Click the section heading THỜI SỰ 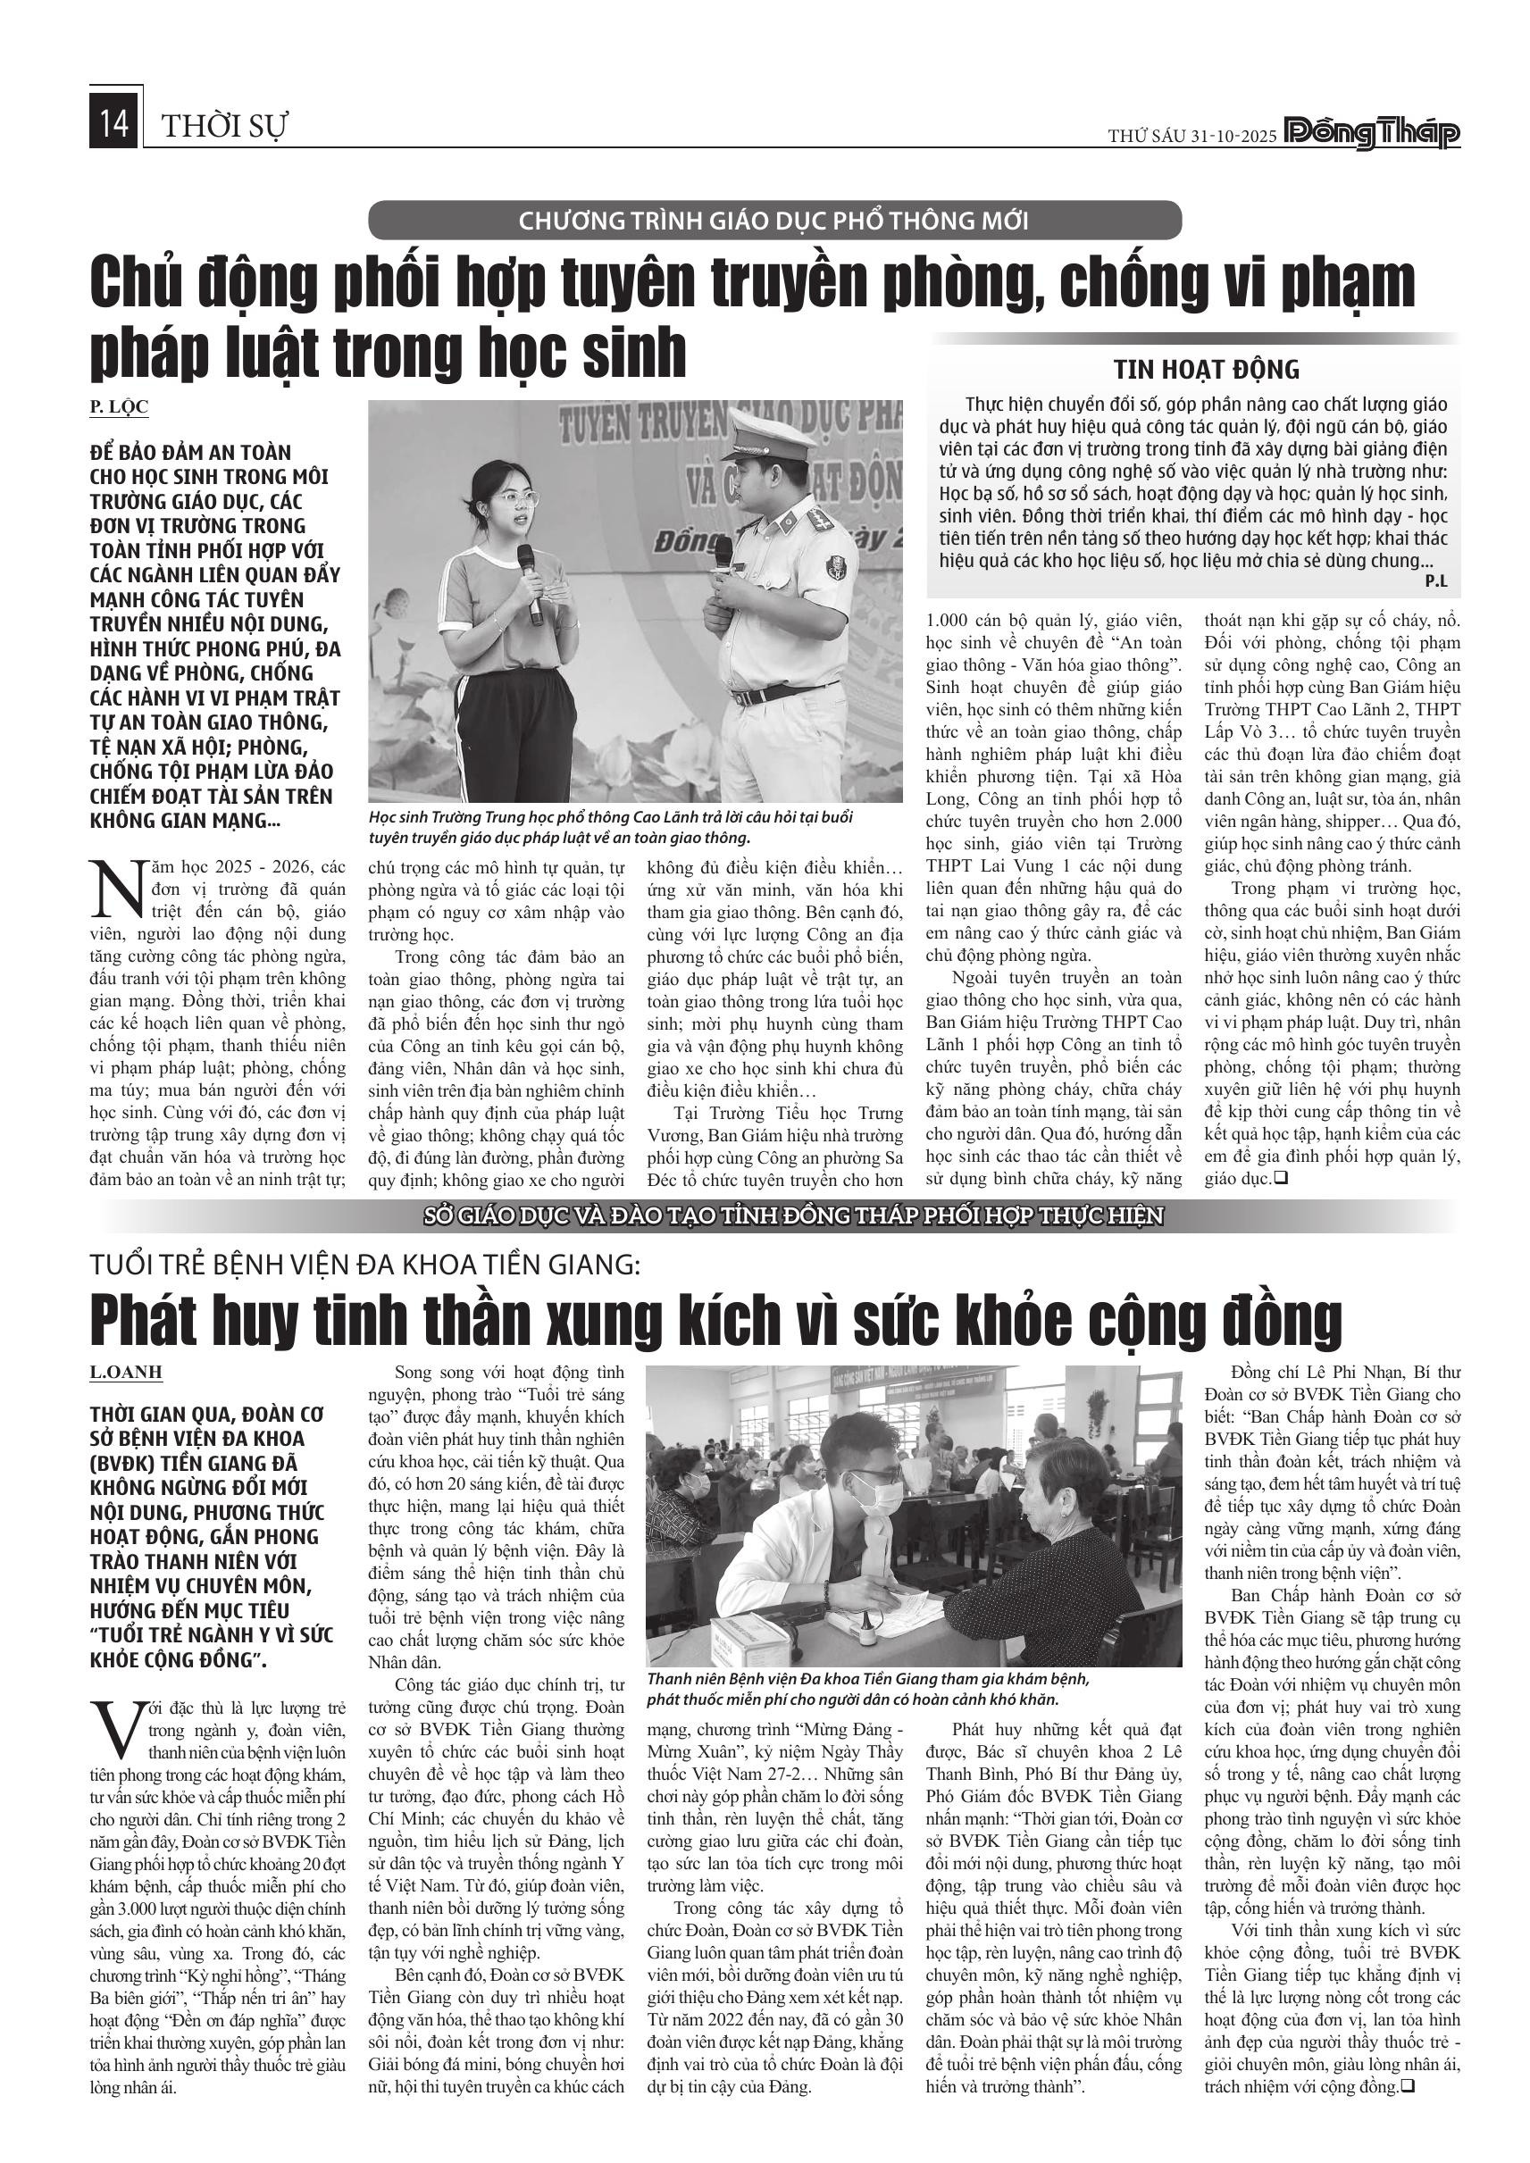(x=224, y=126)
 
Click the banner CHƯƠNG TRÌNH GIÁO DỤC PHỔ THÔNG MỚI (x=773, y=221)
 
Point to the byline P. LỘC (x=119, y=407)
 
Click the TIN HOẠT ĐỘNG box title (x=1206, y=368)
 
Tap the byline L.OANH (x=126, y=1373)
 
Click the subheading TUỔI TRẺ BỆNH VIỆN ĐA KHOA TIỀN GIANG (x=364, y=1265)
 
